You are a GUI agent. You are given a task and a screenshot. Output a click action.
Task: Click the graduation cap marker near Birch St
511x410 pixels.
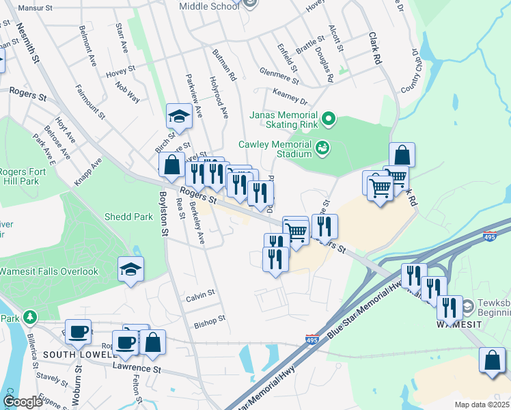pos(179,116)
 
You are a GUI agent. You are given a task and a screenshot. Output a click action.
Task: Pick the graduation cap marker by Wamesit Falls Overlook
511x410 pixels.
pos(130,269)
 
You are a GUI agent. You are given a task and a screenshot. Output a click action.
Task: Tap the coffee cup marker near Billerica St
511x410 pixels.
pos(79,332)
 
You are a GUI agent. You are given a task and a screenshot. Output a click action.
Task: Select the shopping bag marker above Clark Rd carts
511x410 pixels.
pos(402,155)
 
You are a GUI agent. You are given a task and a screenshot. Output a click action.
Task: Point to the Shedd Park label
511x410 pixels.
pos(128,217)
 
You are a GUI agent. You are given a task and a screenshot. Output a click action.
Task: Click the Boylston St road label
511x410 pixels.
pos(164,214)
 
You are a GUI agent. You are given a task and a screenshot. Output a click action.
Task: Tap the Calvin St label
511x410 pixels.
pos(201,295)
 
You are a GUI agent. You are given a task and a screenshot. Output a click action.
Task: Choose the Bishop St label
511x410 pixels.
pos(209,320)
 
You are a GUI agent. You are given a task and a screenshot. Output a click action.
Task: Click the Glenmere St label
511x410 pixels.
pos(279,74)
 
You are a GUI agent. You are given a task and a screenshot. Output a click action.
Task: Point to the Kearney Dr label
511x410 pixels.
pos(290,96)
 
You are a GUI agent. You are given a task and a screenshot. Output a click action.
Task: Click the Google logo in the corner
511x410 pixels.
pos(23,402)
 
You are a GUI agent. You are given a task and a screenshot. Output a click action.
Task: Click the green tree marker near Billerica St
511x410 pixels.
pos(29,318)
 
